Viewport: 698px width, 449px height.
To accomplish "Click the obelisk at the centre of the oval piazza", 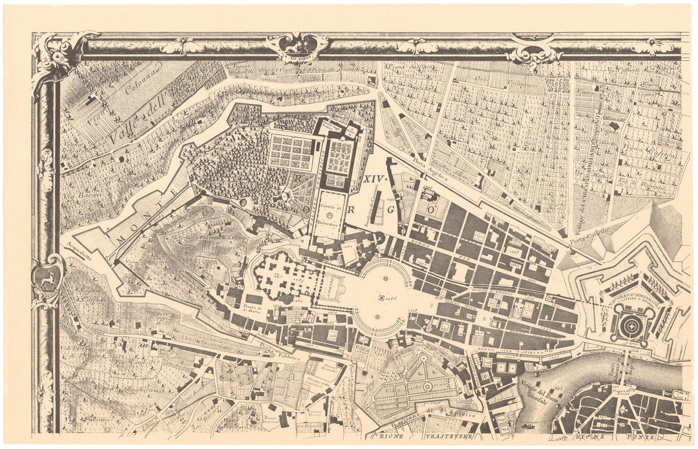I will [x=379, y=298].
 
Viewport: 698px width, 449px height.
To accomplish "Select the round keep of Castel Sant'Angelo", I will [x=629, y=327].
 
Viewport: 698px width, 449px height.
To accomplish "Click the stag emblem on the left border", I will [x=47, y=279].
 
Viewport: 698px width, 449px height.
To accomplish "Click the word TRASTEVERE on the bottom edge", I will [x=446, y=437].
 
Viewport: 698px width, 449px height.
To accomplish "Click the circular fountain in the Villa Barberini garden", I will [x=427, y=386].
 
